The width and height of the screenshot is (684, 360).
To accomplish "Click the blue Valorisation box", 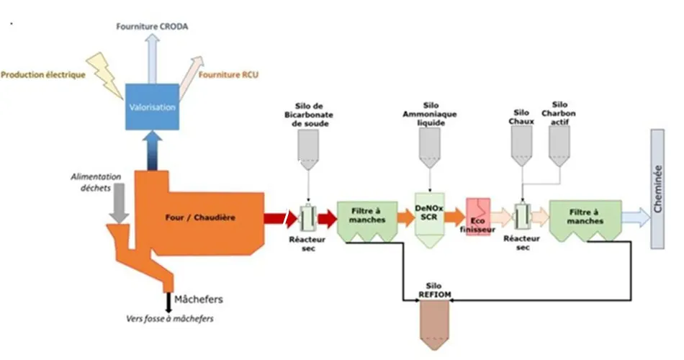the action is pyautogui.click(x=152, y=107).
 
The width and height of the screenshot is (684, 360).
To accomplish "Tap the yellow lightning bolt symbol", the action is pyautogui.click(x=104, y=74).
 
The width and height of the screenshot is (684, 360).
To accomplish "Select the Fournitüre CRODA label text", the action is pyautogui.click(x=152, y=27).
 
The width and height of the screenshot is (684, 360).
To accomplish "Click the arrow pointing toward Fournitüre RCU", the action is pyautogui.click(x=191, y=78).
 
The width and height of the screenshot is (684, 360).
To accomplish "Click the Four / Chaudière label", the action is pyautogui.click(x=200, y=217).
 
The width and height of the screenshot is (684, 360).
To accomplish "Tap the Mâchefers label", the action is pyautogui.click(x=199, y=300).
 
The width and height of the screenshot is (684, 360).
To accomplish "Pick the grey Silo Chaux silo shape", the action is pyautogui.click(x=522, y=146).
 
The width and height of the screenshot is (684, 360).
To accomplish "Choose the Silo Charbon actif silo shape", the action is pyautogui.click(x=559, y=146).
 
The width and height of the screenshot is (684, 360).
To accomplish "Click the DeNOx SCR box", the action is pyautogui.click(x=430, y=220).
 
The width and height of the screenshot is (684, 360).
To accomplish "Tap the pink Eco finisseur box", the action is pyautogui.click(x=478, y=217).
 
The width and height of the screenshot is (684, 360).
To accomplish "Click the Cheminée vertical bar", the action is pyautogui.click(x=657, y=189).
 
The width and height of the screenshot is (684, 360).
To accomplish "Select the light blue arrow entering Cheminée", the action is pyautogui.click(x=636, y=217).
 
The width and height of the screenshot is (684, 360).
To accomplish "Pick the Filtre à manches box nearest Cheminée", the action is pyautogui.click(x=585, y=221).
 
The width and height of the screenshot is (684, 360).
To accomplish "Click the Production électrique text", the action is pyautogui.click(x=43, y=75).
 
